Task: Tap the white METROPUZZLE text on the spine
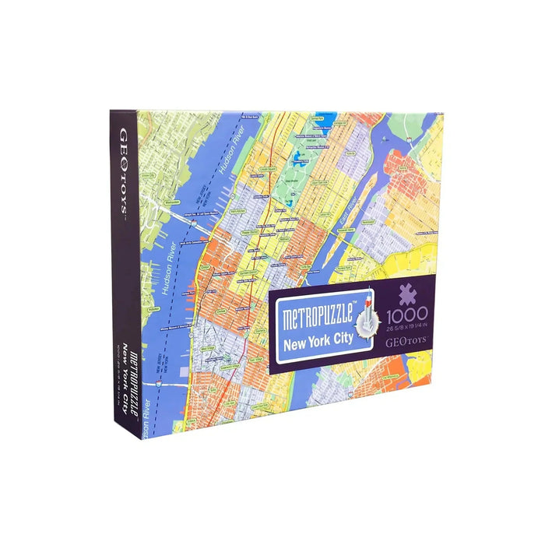(x=133, y=371)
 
